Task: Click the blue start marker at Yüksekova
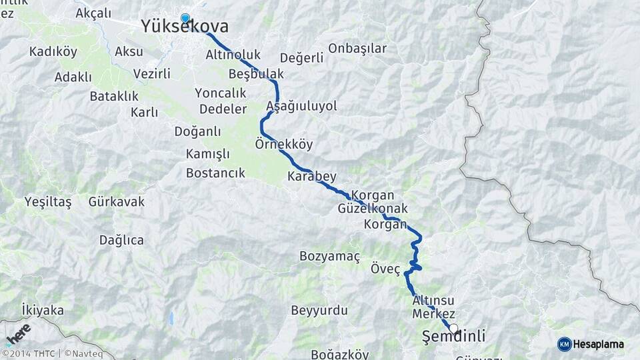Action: coord(185,19)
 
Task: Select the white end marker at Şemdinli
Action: coord(454,328)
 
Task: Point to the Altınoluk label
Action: coord(233,55)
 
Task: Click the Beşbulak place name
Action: coord(256,73)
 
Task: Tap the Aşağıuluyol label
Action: coord(301,106)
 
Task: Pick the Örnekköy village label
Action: coord(283,144)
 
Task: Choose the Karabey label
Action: coord(311,177)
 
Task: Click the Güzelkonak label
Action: coord(373,209)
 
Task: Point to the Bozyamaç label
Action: coord(329,256)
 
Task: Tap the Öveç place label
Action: coord(385,269)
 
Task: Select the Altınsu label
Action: coord(433,300)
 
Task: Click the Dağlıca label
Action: coord(121,240)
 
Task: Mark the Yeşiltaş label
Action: coord(47,201)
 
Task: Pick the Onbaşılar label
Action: coord(357,48)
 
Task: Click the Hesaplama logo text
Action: coord(599,344)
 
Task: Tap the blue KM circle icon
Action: coord(565,344)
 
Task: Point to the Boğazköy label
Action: coord(339,355)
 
